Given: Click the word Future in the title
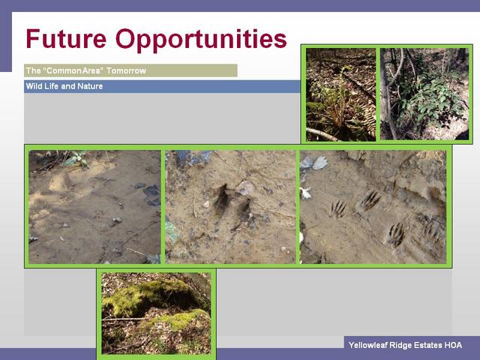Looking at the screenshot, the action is coord(66,39).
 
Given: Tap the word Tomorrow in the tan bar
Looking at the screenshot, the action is coord(126,70).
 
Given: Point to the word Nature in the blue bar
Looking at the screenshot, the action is coord(90,86).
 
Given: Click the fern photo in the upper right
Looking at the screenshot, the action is coord(340,94).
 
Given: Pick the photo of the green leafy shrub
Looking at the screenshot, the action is coord(424,94).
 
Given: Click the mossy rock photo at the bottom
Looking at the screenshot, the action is coord(156,313).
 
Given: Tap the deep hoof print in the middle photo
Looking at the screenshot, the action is coord(222,199).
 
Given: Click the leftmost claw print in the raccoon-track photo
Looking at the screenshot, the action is coord(338,208).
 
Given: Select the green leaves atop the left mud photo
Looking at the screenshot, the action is coord(76,158).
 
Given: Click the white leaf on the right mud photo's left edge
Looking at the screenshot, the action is coord(305,193).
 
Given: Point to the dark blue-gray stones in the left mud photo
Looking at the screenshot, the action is coord(150,194).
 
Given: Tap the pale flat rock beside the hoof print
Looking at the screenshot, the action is coord(245,187).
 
